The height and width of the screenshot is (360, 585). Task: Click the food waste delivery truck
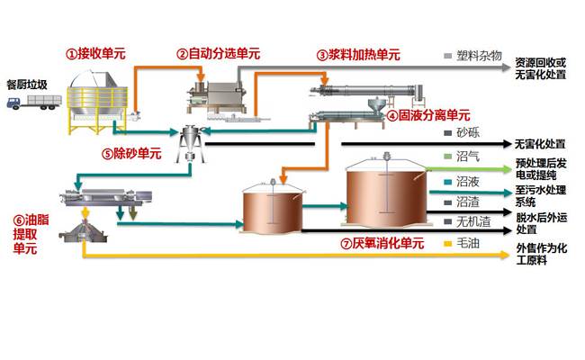point(34,103)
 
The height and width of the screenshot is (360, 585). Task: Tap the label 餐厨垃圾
point(27,85)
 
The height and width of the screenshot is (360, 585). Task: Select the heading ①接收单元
point(96,54)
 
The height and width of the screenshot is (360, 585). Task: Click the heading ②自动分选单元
point(219,54)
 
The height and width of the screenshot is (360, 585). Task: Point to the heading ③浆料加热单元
point(358,55)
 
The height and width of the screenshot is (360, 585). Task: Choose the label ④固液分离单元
point(428,115)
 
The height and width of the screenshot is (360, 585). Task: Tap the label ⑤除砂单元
point(131,153)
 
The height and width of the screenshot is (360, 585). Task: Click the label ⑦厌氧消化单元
point(382,244)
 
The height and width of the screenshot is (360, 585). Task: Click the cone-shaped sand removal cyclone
point(190,144)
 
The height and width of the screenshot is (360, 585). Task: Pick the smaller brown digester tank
point(272,207)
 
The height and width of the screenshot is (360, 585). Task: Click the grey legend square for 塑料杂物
point(448,56)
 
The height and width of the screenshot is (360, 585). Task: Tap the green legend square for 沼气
point(448,157)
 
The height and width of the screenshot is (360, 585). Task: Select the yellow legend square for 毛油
point(448,244)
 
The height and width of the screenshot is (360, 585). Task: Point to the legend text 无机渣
point(473,222)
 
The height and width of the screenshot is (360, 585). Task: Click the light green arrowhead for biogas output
point(507,170)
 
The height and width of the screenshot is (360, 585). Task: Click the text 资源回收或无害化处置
point(541,68)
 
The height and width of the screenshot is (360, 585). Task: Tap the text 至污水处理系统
point(541,196)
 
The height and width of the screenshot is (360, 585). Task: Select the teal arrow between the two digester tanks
point(325,206)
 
